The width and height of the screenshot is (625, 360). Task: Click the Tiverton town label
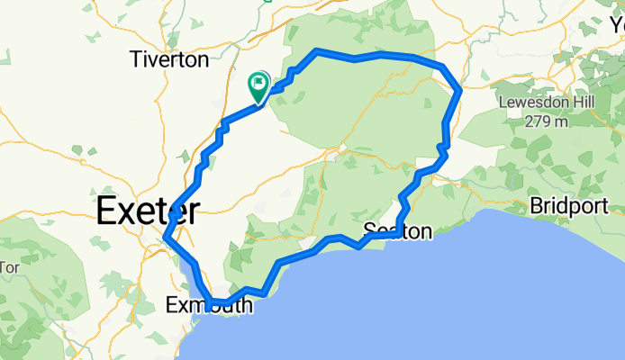(168, 60)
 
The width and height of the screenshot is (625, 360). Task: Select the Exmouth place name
(210, 306)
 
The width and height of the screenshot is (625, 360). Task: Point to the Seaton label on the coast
(398, 231)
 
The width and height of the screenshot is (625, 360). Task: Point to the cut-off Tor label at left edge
(9, 267)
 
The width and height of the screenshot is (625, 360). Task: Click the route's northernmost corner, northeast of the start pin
(316, 50)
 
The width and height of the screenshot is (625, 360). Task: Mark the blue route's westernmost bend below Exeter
(166, 238)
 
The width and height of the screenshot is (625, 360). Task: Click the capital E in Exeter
(105, 211)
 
